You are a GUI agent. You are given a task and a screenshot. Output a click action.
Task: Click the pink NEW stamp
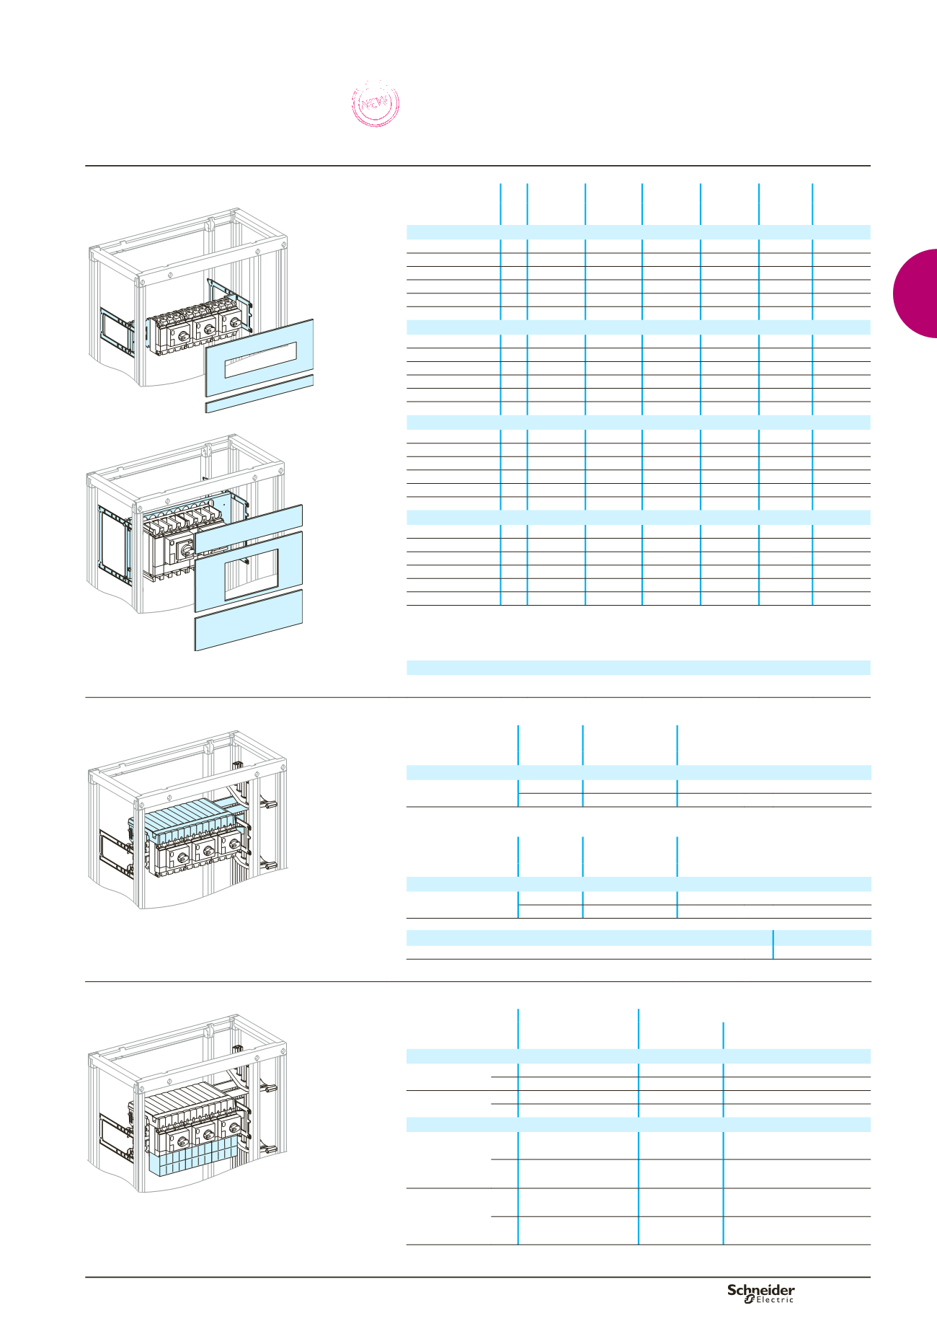point(375,104)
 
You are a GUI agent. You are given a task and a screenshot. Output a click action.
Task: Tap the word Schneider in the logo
point(760,1289)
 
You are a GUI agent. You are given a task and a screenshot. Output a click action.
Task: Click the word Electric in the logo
point(774,1299)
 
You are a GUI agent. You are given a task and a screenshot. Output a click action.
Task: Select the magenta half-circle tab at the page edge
point(915,293)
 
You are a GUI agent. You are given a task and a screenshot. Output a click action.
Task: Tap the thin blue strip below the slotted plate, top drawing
point(259,394)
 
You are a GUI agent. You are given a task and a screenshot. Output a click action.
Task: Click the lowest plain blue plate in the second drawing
point(248,620)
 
